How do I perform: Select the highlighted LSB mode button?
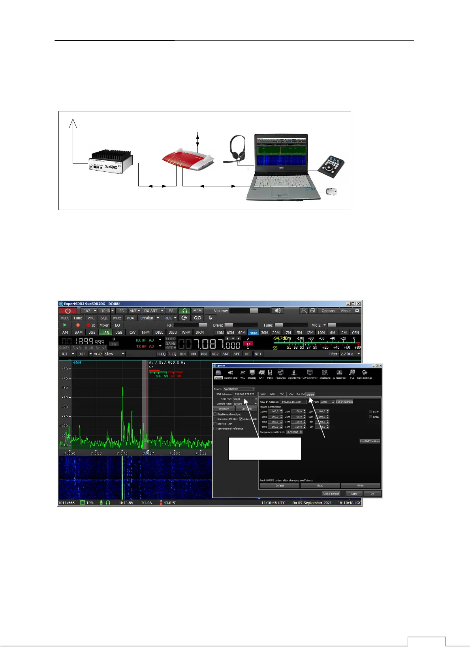pos(105,332)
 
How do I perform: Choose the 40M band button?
pos(253,332)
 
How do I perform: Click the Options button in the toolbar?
pos(328,311)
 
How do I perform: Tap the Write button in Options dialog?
pos(360,486)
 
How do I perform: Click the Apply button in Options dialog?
pos(354,494)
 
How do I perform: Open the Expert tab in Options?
pos(310,394)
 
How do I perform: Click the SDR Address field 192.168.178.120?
pos(244,394)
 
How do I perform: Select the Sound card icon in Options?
pos(231,374)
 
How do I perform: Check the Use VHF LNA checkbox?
pos(215,424)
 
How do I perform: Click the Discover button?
pos(224,409)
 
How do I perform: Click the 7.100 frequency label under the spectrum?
pos(175,453)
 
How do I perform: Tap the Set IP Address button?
pos(344,402)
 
